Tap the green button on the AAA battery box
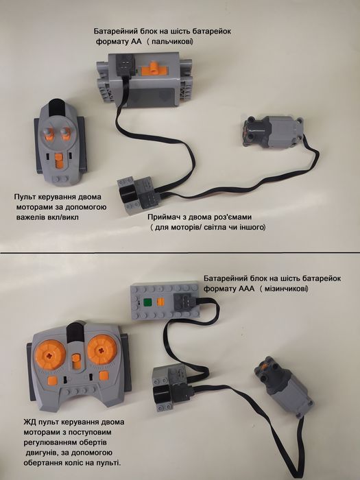[x=147, y=303]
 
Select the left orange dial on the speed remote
[x=50, y=355]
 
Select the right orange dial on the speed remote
[x=102, y=349]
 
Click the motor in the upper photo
[x=273, y=132]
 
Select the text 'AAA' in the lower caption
[x=245, y=289]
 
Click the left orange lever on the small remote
[x=49, y=134]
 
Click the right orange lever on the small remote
[x=65, y=134]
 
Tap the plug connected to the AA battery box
[x=124, y=64]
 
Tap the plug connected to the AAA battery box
[x=182, y=302]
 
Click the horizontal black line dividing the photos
[x=180, y=253]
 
